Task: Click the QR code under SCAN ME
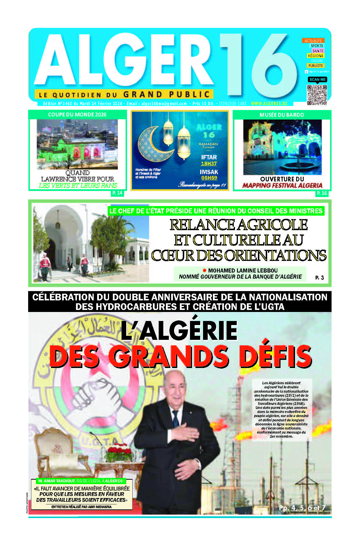click(317, 95)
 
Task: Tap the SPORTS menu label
click(317, 46)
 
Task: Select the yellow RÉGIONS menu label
click(316, 56)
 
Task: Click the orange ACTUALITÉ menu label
click(313, 41)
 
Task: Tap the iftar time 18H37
click(209, 164)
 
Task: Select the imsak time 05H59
click(209, 178)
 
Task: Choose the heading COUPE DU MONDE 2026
click(77, 115)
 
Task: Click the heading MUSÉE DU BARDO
click(282, 115)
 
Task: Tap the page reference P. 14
click(117, 193)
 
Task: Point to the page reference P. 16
click(322, 193)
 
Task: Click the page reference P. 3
click(319, 278)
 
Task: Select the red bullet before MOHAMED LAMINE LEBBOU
click(205, 270)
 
